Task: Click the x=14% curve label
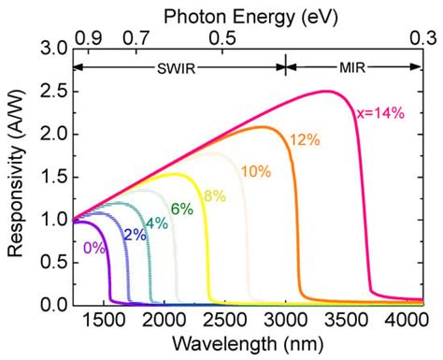click(x=381, y=113)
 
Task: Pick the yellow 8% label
click(x=214, y=195)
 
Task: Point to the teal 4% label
click(x=157, y=223)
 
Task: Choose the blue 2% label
click(x=134, y=235)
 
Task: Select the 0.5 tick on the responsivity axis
click(x=54, y=263)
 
